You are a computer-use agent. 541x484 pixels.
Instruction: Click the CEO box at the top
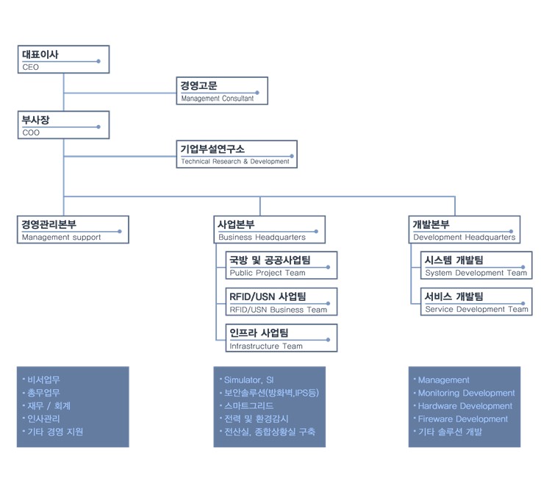click(x=63, y=60)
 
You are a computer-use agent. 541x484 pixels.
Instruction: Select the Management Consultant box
click(x=222, y=90)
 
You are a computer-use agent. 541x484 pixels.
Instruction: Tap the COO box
click(x=63, y=125)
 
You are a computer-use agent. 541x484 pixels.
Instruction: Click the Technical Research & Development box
click(x=237, y=154)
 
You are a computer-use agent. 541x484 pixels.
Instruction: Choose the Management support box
click(x=73, y=230)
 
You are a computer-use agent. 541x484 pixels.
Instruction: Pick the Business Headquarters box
click(x=270, y=230)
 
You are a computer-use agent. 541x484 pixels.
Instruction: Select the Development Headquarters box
click(x=465, y=230)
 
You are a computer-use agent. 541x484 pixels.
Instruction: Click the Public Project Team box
click(x=282, y=265)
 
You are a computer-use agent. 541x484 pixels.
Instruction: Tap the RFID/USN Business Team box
click(x=282, y=302)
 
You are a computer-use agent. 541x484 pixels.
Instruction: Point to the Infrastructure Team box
click(x=282, y=338)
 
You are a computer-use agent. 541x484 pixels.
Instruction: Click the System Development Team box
click(x=476, y=265)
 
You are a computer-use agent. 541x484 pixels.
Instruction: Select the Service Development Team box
click(x=476, y=302)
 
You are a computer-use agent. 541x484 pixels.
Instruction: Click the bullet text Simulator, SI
click(x=248, y=380)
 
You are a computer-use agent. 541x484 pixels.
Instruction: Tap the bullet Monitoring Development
click(x=466, y=394)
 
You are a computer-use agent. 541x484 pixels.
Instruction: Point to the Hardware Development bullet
click(x=465, y=406)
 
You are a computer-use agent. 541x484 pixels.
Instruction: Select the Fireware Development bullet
click(x=462, y=419)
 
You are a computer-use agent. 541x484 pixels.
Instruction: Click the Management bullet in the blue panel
click(x=443, y=380)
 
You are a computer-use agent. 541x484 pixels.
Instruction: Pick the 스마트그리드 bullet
click(x=248, y=406)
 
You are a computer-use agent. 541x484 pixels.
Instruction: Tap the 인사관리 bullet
click(x=43, y=419)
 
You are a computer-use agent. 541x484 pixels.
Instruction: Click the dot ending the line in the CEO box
click(x=98, y=61)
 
